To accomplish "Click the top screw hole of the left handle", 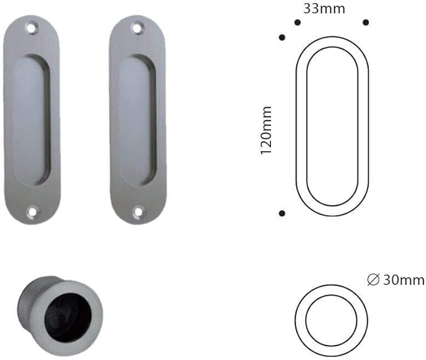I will [x=31, y=27].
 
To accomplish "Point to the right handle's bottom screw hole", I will [x=137, y=212].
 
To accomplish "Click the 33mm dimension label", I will [x=324, y=9].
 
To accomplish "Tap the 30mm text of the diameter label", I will [x=403, y=280].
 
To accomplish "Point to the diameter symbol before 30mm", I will [x=373, y=280].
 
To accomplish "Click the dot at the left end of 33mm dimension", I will [x=297, y=23].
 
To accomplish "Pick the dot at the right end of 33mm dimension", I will [x=366, y=23].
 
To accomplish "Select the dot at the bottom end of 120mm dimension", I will [x=282, y=214].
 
